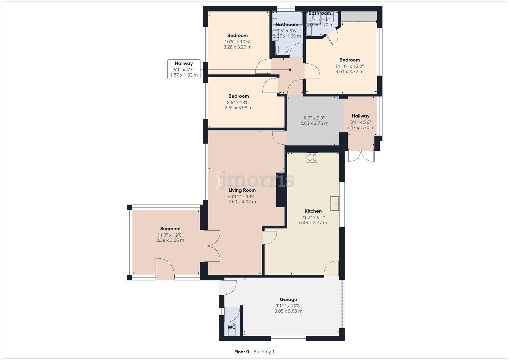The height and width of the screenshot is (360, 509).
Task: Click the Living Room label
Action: pyautogui.click(x=242, y=190)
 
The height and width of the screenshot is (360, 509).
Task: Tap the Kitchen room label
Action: pyautogui.click(x=313, y=211)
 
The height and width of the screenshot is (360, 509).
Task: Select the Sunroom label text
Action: pyautogui.click(x=170, y=229)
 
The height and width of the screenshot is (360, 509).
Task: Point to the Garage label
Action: pyautogui.click(x=288, y=300)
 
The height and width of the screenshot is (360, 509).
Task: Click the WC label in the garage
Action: pyautogui.click(x=231, y=327)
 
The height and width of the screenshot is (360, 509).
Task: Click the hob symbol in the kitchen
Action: pyautogui.click(x=312, y=158)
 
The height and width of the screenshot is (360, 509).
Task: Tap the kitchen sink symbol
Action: pyautogui.click(x=335, y=204)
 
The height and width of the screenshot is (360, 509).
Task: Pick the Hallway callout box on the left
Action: pyautogui.click(x=184, y=69)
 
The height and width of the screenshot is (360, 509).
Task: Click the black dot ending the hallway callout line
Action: pyautogui.click(x=290, y=70)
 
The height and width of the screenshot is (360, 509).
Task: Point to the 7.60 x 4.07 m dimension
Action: pyautogui.click(x=242, y=202)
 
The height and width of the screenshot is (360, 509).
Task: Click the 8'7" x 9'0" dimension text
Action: pyautogui.click(x=314, y=118)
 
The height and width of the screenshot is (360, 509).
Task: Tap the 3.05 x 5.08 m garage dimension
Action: pyautogui.click(x=288, y=311)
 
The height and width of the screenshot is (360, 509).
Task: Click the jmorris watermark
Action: pyautogui.click(x=255, y=180)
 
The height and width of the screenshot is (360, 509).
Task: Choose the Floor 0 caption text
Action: pyautogui.click(x=242, y=352)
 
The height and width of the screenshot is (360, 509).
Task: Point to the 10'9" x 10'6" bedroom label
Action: pyautogui.click(x=237, y=42)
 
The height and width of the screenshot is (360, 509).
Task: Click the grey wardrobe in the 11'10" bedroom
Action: pyautogui.click(x=359, y=16)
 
